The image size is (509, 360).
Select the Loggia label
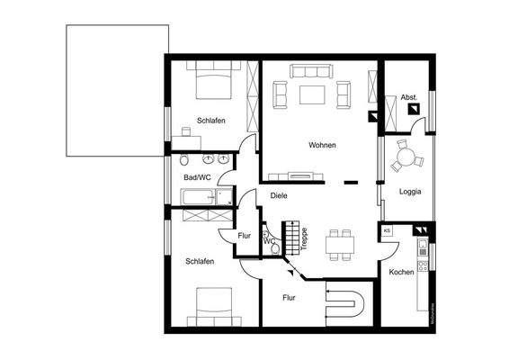[x=409, y=191]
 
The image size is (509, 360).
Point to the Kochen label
[x=401, y=272]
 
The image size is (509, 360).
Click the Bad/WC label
[x=197, y=177]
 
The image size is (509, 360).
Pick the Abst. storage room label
[x=408, y=96]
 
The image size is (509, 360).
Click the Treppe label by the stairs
[x=305, y=240]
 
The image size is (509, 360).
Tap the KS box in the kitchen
[x=387, y=230]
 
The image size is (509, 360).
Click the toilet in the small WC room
[x=268, y=240]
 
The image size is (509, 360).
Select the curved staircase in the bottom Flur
[x=346, y=305]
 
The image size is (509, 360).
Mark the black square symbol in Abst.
[x=414, y=109]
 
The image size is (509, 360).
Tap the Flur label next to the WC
[x=244, y=236]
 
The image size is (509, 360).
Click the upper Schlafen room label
[x=210, y=120]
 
